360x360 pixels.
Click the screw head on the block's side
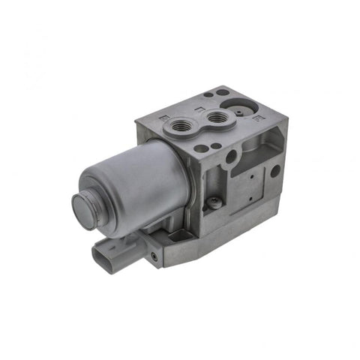tap(215, 201)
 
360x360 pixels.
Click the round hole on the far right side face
tap(275, 171)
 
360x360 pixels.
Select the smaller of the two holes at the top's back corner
tap(208, 95)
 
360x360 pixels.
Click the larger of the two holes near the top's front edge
tap(200, 148)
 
